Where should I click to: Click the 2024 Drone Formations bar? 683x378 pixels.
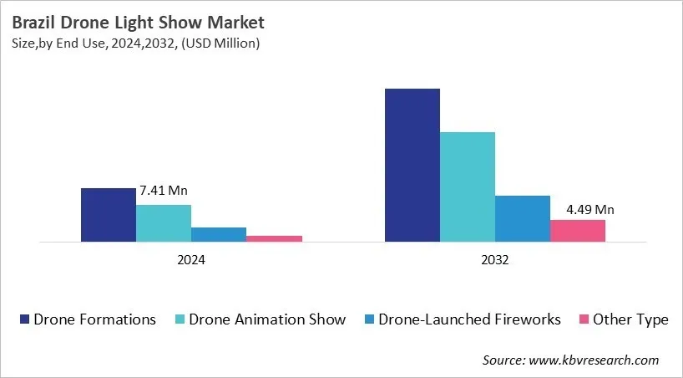(x=108, y=215)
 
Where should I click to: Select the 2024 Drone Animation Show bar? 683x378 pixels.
(x=164, y=223)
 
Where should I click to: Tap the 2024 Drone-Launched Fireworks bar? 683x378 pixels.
(x=219, y=234)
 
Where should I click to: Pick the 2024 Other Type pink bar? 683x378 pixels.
(x=274, y=238)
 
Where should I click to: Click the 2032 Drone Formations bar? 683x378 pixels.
(x=412, y=165)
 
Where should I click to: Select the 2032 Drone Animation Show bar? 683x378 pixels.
(x=467, y=186)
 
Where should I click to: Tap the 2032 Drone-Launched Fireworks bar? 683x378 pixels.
(x=522, y=218)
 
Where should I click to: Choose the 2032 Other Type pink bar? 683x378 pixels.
(x=577, y=231)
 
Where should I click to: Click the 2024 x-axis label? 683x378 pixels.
(x=190, y=260)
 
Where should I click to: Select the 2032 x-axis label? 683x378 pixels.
(x=494, y=260)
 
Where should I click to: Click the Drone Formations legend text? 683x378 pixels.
(x=94, y=319)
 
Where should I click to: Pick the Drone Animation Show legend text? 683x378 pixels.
(x=267, y=319)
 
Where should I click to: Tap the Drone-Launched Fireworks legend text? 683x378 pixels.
(x=470, y=319)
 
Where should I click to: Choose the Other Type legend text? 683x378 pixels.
(x=630, y=319)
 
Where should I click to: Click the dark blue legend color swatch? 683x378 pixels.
(x=25, y=319)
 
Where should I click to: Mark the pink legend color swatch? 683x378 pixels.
(x=584, y=319)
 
